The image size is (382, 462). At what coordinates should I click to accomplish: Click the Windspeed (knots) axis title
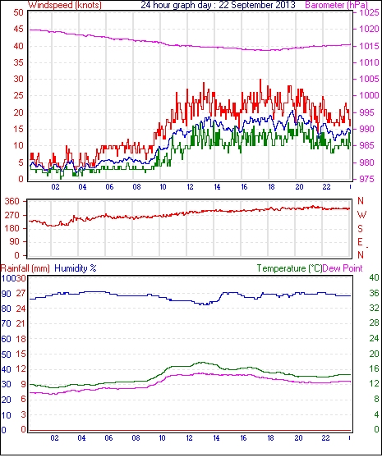[x=65, y=5]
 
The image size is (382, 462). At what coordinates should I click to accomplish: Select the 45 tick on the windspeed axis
[x=18, y=30]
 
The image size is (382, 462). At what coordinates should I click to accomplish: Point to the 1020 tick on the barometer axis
[x=369, y=29]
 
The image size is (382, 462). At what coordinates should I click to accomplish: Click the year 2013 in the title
[x=285, y=5]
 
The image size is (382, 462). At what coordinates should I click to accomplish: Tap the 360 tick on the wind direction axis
[x=12, y=202]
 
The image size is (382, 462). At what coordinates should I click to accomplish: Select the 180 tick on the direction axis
[x=12, y=228]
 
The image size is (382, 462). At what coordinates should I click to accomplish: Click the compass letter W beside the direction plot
[x=361, y=214]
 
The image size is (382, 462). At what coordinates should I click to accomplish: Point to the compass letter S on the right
[x=360, y=228]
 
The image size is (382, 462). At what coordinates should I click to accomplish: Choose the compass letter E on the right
[x=360, y=242]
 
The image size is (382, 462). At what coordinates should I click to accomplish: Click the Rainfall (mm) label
[x=25, y=268]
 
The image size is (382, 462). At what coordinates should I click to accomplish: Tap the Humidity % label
[x=76, y=268]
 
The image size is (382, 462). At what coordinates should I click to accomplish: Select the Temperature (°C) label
[x=289, y=268]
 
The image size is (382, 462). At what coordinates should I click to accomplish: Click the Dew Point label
[x=343, y=268]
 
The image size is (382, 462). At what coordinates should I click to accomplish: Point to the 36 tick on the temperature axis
[x=374, y=293]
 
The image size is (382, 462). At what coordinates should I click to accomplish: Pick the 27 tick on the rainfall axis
[x=21, y=294]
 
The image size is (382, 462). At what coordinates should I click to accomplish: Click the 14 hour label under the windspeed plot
[x=217, y=187]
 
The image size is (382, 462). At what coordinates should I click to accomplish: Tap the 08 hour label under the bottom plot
[x=136, y=438]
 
